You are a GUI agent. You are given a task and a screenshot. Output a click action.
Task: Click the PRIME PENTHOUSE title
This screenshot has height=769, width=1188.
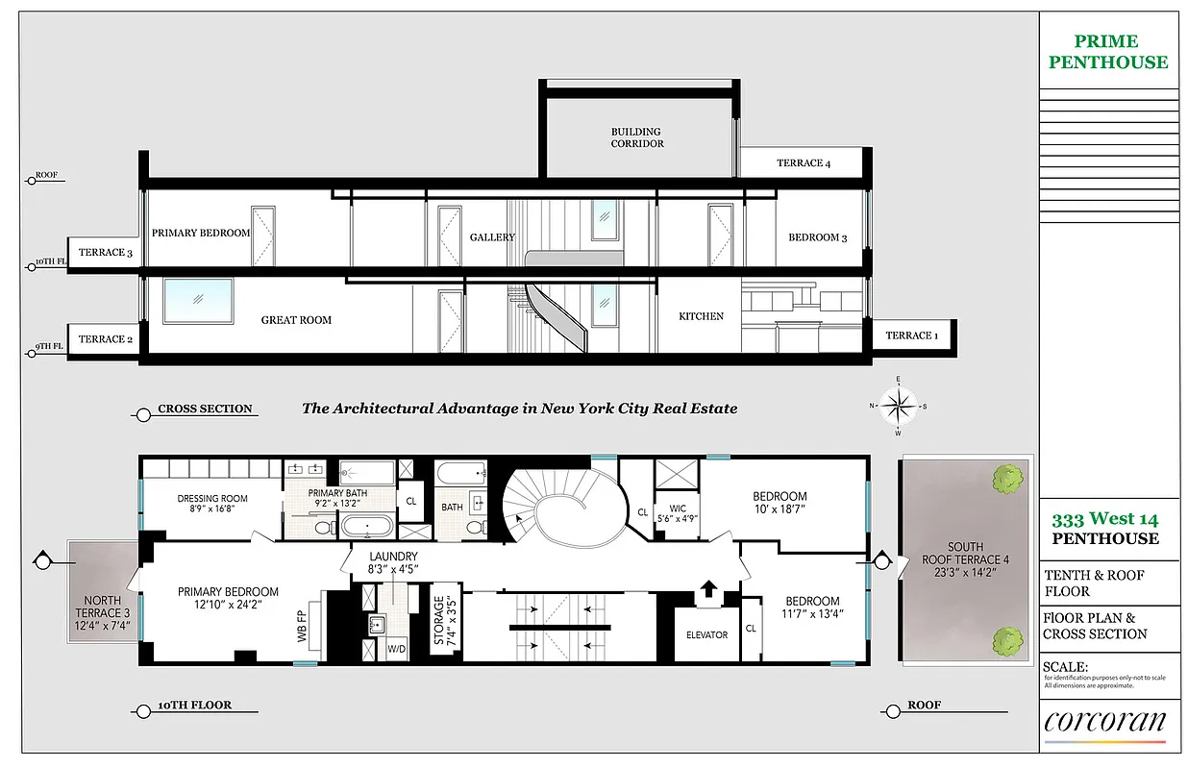pos(1108,52)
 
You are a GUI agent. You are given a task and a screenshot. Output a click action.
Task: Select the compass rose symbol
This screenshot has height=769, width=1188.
pos(897,406)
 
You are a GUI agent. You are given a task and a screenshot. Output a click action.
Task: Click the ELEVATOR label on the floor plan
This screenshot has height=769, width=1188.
pos(706,634)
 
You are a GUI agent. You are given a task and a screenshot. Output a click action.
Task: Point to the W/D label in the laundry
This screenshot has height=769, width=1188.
pos(397,649)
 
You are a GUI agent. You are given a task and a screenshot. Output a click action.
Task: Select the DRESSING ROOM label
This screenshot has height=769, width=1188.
pos(212,504)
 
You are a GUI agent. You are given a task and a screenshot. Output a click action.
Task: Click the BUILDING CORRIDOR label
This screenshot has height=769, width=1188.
pos(637,137)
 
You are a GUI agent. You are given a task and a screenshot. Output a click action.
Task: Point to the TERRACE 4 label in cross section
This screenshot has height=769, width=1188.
pos(804,163)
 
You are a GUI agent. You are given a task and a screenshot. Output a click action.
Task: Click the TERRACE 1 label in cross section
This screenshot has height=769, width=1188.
pos(910,335)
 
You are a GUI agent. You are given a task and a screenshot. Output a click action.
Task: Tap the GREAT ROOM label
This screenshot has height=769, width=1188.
pos(296,320)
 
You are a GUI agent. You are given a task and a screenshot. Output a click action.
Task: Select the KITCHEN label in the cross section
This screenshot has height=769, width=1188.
pos(701,316)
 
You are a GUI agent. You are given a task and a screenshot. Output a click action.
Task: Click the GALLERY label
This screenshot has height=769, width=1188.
pos(492,237)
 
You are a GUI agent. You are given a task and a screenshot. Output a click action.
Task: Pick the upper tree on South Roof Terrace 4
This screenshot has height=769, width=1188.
pos(1007,476)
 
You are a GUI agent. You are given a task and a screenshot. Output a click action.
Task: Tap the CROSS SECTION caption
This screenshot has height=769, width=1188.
pos(205,409)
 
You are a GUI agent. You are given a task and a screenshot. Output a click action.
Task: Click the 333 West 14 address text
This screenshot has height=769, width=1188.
pos(1104,520)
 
